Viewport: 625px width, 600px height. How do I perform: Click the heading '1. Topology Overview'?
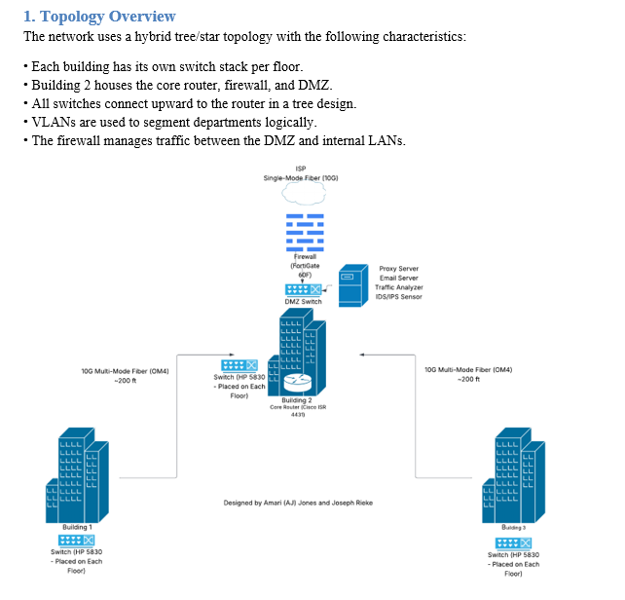tap(99, 16)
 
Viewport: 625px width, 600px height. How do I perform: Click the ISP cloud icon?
tap(302, 195)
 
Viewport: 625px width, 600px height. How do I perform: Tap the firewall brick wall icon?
tap(303, 231)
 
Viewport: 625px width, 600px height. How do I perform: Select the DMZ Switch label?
tap(303, 302)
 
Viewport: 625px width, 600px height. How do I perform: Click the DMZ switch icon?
tap(303, 289)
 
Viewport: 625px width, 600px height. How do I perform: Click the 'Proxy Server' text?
tap(399, 268)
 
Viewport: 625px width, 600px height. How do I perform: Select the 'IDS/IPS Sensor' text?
tap(399, 297)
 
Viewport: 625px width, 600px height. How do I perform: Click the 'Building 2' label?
tap(297, 400)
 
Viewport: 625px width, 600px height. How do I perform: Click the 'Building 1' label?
tap(76, 527)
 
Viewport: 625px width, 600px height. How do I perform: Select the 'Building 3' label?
tap(513, 527)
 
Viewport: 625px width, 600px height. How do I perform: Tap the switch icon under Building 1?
tap(76, 540)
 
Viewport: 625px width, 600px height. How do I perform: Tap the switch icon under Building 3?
tap(513, 541)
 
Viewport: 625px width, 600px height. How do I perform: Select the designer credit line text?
tap(298, 503)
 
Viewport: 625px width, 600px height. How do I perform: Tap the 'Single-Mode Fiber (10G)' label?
tap(301, 178)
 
